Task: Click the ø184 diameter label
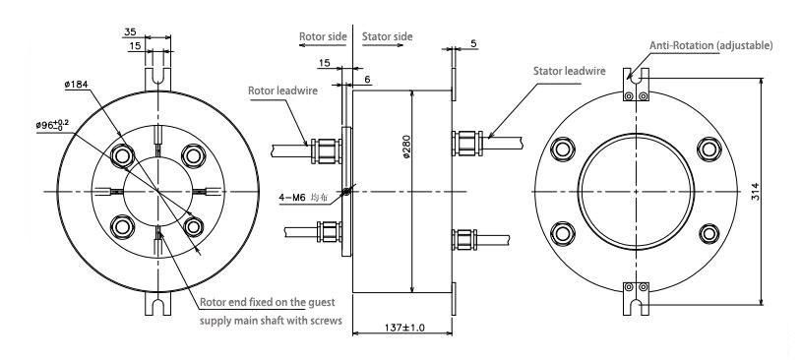tap(77, 85)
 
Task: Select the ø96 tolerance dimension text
tap(52, 125)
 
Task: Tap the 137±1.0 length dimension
tap(402, 328)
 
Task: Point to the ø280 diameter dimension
tap(406, 149)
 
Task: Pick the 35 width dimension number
tap(130, 31)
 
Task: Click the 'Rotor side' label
tap(323, 36)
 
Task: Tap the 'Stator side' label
tap(388, 36)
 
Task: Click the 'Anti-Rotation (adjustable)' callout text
tap(711, 45)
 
